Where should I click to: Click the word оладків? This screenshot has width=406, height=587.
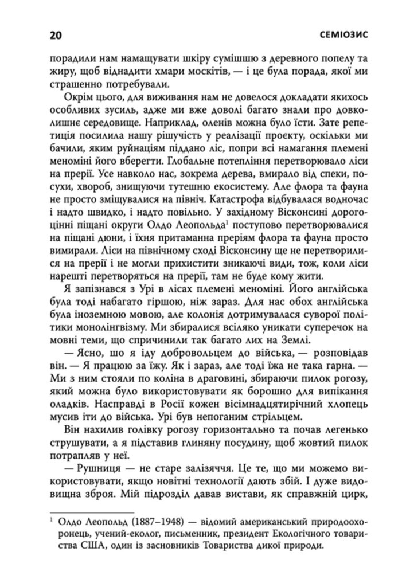(x=72, y=409)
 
